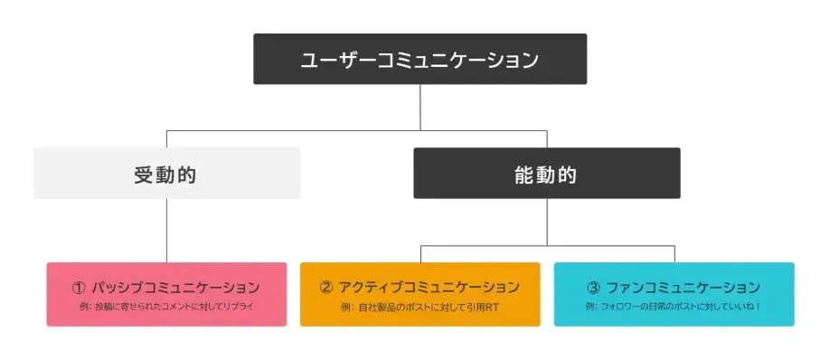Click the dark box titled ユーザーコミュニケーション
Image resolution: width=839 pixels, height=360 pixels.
[x=419, y=59]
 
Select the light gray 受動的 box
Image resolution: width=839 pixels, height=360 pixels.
[x=166, y=173]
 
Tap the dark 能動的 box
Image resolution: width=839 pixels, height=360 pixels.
[x=546, y=173]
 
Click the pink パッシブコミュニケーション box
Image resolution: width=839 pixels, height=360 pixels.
[x=166, y=294]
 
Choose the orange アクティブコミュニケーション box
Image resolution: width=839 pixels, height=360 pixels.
[x=419, y=294]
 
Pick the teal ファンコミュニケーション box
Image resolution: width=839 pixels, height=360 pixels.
[x=674, y=294]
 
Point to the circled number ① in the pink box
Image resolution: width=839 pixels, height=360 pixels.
[x=79, y=288]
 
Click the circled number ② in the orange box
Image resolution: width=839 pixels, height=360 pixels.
[x=326, y=288]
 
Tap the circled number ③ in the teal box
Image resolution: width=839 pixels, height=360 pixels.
[x=593, y=288]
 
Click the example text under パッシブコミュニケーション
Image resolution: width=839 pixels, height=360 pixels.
[x=166, y=308]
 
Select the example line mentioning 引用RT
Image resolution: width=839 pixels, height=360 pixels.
[x=419, y=308]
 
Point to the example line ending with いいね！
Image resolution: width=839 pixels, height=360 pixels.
[x=674, y=308]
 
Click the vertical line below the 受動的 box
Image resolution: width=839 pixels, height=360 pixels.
[x=166, y=231]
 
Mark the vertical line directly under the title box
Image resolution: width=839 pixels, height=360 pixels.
[x=419, y=107]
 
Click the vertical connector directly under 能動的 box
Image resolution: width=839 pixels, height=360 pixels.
[x=546, y=221]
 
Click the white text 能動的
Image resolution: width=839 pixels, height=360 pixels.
[x=546, y=175]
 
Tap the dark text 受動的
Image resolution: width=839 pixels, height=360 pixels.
[x=165, y=175]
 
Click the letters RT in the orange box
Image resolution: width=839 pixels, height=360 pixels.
[x=490, y=308]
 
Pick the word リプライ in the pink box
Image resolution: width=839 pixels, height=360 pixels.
[x=240, y=308]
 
